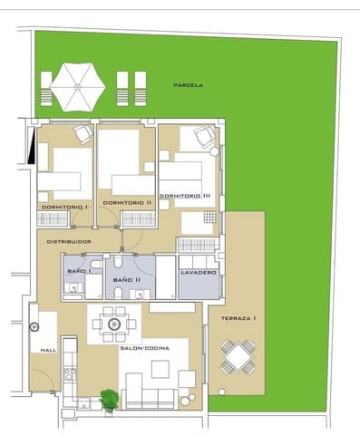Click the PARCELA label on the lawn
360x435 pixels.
click(188, 85)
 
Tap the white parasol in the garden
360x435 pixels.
click(77, 85)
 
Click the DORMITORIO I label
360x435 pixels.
click(63, 208)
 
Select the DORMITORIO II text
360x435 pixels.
click(127, 202)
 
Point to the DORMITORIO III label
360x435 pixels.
click(185, 196)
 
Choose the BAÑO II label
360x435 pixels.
click(126, 281)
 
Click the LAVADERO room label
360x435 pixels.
click(198, 272)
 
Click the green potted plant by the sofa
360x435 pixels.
click(109, 398)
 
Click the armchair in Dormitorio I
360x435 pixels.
click(83, 133)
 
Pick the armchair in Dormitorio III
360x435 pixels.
click(205, 138)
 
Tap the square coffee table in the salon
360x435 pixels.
click(161, 369)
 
